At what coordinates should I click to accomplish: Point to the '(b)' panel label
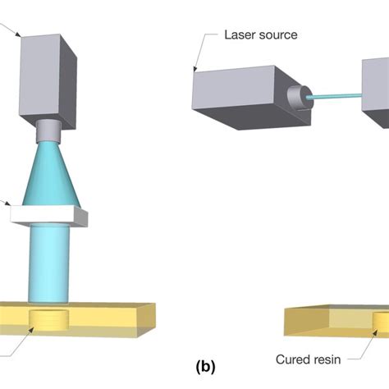204,367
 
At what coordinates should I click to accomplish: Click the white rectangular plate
49,216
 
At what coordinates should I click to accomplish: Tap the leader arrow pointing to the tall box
16,34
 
